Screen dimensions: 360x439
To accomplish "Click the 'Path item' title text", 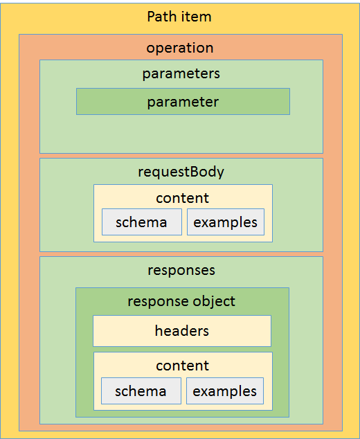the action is (179, 17).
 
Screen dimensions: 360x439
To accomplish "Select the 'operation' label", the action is (180, 48).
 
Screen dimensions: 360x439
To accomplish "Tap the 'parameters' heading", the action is (181, 74).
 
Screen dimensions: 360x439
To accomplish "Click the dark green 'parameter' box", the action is (183, 101).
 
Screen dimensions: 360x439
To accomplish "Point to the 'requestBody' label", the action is (181, 172).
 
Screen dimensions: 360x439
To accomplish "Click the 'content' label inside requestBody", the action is (183, 198).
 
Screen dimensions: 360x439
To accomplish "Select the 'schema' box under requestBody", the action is (142, 222).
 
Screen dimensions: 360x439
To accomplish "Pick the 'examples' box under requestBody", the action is (226, 222).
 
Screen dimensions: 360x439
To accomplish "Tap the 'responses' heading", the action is (181, 271).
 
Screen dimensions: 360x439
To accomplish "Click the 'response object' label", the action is (181, 301).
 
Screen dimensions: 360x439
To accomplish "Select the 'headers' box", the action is (182, 331).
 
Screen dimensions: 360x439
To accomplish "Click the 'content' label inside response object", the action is (183, 366).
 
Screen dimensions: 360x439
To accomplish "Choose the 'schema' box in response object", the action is (141, 391).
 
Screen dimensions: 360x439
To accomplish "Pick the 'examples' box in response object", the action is (225, 391).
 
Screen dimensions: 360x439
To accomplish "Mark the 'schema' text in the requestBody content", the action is (141, 222).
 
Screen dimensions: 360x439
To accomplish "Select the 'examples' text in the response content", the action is (225, 391).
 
